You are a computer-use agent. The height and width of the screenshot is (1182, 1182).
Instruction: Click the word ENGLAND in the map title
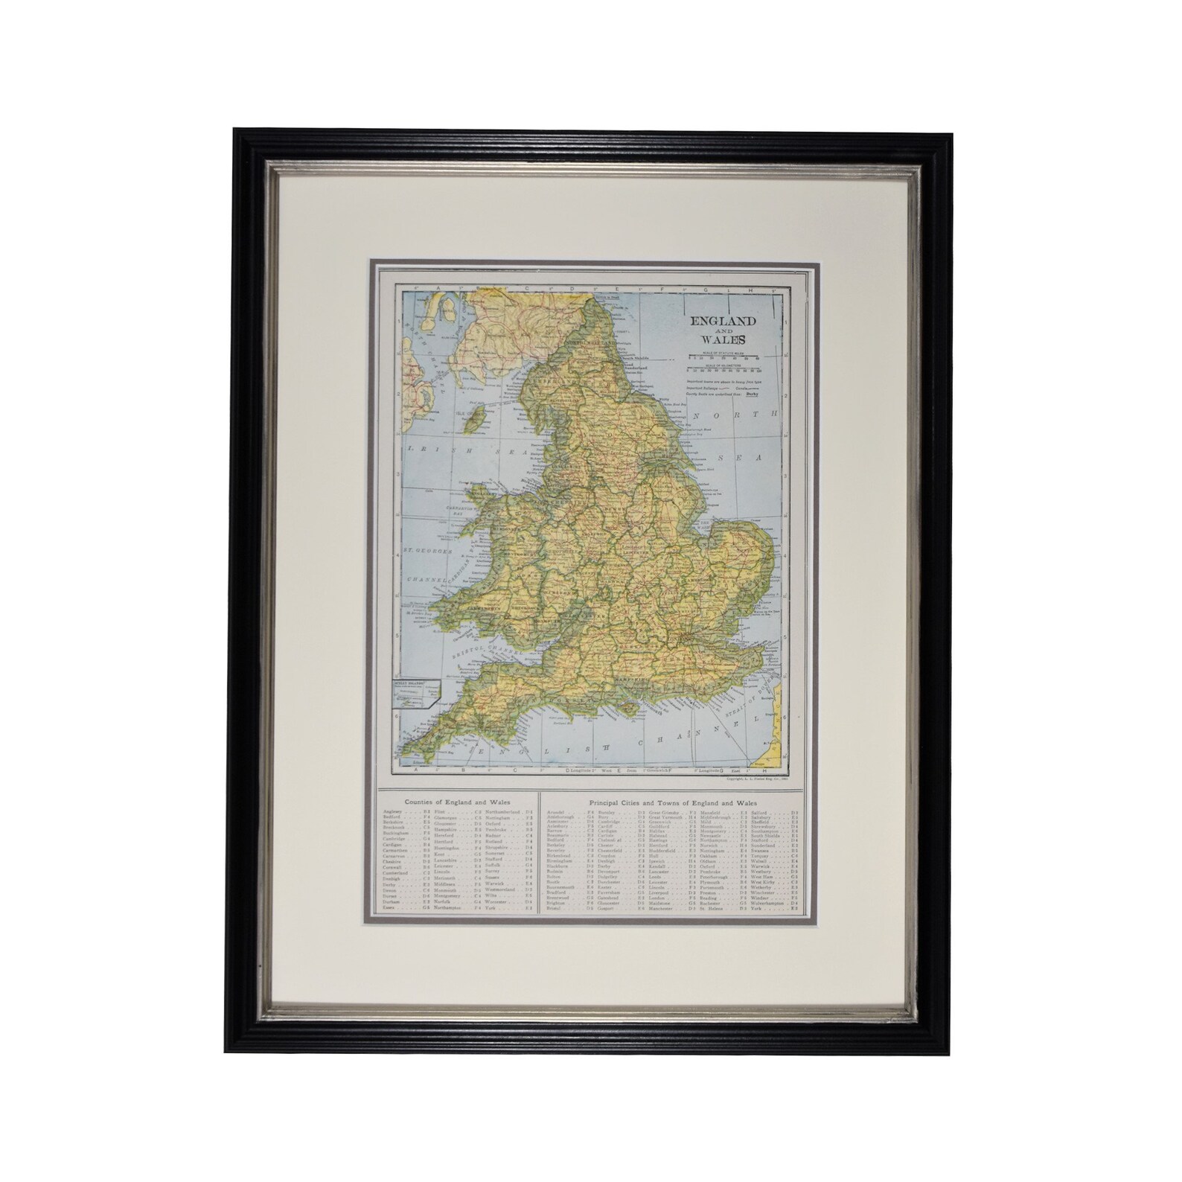pos(721,321)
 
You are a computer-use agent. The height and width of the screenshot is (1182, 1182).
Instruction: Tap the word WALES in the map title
pos(721,342)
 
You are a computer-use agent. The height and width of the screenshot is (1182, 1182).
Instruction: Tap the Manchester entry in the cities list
pos(660,908)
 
